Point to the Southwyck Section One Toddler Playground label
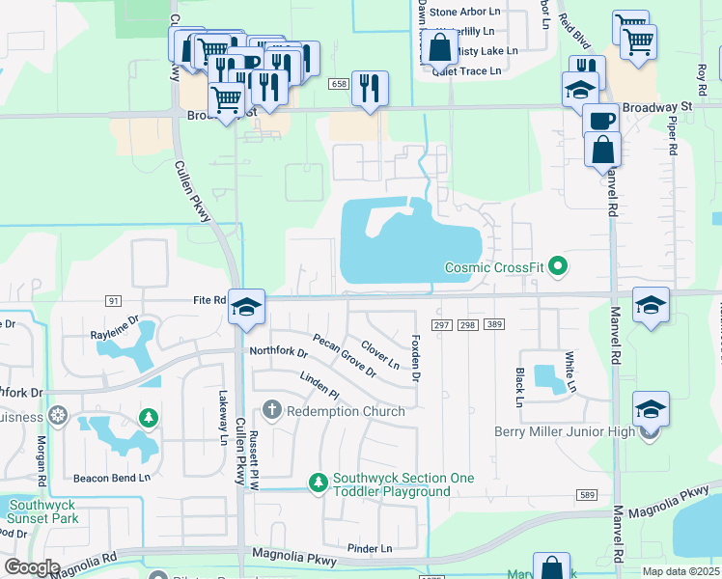tap(391, 484)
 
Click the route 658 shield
tap(338, 85)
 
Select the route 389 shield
tap(494, 325)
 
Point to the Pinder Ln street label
tap(370, 547)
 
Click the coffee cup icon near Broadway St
tap(601, 122)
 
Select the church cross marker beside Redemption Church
tap(271, 410)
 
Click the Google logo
tap(32, 568)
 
